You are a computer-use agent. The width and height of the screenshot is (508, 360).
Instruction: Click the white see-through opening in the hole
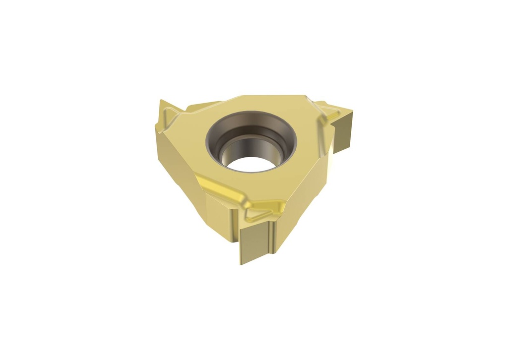coord(251,164)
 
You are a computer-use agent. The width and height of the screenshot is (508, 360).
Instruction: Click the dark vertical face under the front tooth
coord(255,243)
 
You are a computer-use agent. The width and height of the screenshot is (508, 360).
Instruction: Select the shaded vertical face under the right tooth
coord(343,131)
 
